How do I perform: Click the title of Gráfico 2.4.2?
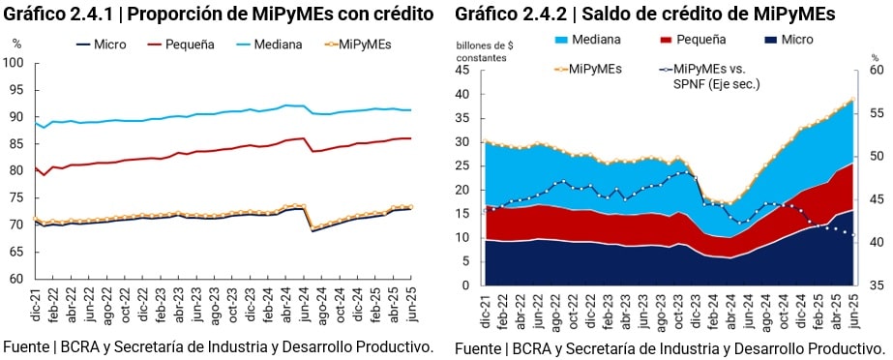pos(645,15)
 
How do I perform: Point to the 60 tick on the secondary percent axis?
pos(875,71)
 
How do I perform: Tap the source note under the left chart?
pos(219,346)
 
